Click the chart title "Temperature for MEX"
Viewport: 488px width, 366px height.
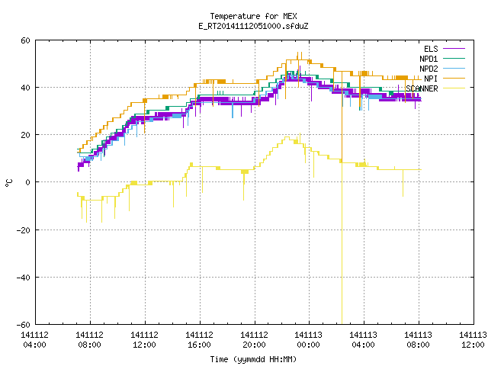253,16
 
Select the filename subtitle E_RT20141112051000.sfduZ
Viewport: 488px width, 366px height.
253,26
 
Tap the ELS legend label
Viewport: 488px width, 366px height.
431,49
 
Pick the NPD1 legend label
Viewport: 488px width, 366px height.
429,59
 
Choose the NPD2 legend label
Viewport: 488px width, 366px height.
429,69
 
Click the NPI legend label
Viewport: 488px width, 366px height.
431,79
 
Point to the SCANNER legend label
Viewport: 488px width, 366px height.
422,88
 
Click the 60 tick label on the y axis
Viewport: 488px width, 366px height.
25,40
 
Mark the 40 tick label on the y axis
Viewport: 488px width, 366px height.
25,88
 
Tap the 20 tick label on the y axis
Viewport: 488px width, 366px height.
25,135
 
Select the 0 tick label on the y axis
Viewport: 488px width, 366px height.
28,182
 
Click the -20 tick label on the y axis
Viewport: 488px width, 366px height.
24,230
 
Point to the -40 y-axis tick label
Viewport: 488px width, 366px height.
24,278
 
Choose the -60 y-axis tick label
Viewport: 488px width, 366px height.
24,325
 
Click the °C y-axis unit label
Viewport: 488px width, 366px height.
8,183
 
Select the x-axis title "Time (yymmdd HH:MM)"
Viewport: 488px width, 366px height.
253,359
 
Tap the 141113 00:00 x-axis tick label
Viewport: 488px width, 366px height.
308,340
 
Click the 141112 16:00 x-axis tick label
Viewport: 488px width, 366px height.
199,340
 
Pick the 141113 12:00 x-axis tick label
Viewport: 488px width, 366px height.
473,340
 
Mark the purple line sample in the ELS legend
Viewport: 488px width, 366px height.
454,49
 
